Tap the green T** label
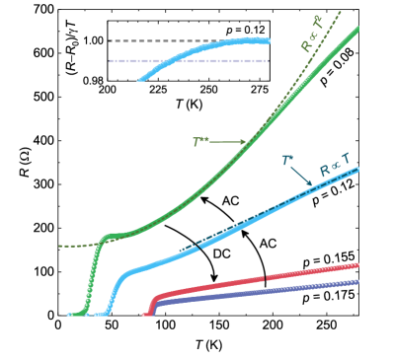tap(200, 142)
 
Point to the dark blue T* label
tap(287, 160)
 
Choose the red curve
tap(257, 280)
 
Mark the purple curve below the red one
tap(257, 294)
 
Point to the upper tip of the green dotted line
tap(341, 11)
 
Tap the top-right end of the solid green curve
tap(356, 29)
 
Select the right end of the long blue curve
tap(356, 169)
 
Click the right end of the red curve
tap(356, 264)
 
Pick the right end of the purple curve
tap(356, 281)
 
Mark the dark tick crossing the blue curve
tap(197, 247)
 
